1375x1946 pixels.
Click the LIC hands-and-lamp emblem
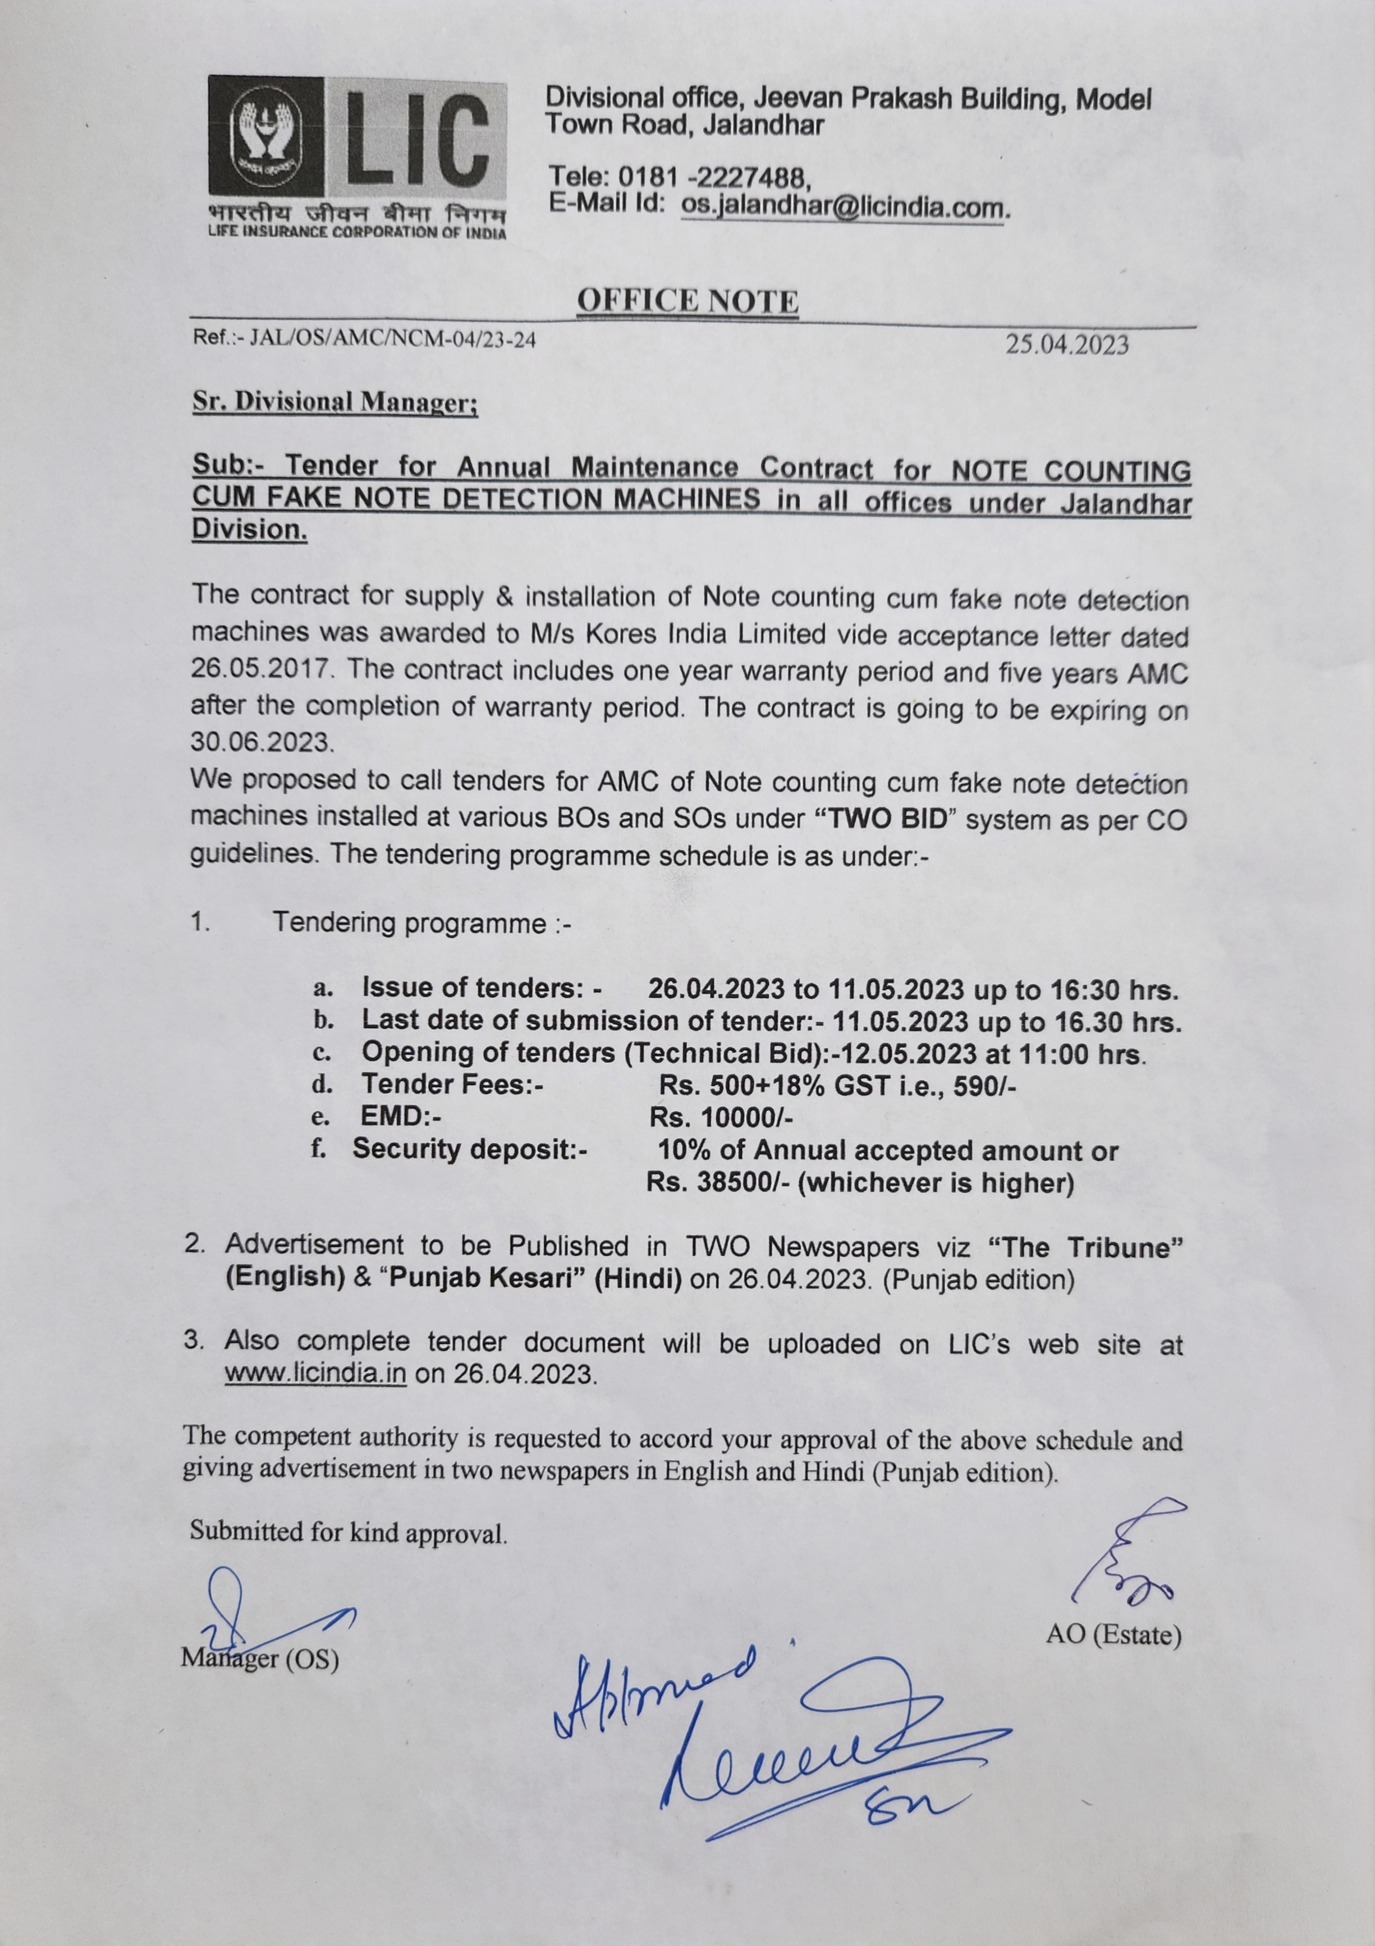[x=265, y=136]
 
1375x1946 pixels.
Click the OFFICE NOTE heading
[x=687, y=301]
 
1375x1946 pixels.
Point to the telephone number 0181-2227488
[x=714, y=177]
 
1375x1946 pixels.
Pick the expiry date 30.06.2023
[x=261, y=742]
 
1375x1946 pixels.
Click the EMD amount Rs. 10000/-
[x=721, y=1117]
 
